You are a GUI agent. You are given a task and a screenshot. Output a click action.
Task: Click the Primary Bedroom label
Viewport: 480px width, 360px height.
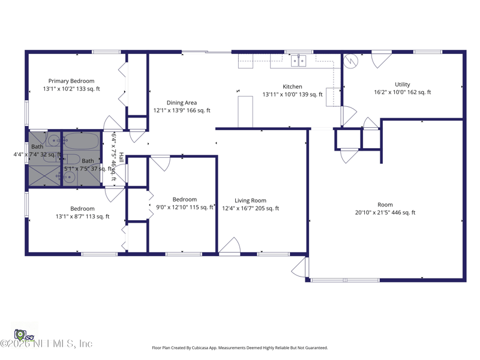pos(71,81)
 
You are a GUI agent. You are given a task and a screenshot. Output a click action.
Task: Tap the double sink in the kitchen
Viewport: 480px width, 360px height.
pos(298,60)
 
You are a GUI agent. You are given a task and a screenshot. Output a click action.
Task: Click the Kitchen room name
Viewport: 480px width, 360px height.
pos(292,87)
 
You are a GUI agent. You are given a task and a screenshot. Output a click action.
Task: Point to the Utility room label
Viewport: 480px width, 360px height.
pos(402,85)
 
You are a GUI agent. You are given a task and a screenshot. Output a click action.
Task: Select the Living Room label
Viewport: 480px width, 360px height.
pos(250,200)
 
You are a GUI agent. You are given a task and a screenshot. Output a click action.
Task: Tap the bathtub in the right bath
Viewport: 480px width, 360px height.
pos(82,142)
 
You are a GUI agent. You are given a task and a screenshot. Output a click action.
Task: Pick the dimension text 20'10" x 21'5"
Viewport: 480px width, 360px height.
pos(374,212)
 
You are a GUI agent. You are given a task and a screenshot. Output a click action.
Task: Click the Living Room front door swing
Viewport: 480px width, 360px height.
pos(230,247)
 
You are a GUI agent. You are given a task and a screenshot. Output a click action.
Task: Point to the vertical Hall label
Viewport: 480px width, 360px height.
pos(121,158)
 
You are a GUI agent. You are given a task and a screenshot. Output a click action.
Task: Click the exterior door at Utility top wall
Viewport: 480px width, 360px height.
pos(380,59)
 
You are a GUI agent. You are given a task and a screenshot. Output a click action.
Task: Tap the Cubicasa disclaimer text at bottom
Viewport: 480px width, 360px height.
pos(240,347)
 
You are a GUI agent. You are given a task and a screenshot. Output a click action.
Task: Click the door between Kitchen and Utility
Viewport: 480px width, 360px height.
pos(347,116)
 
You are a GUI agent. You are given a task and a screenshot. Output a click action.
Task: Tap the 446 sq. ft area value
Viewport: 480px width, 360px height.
pos(404,212)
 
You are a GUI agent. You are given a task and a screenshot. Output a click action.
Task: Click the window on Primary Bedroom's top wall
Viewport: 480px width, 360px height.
pos(106,52)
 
